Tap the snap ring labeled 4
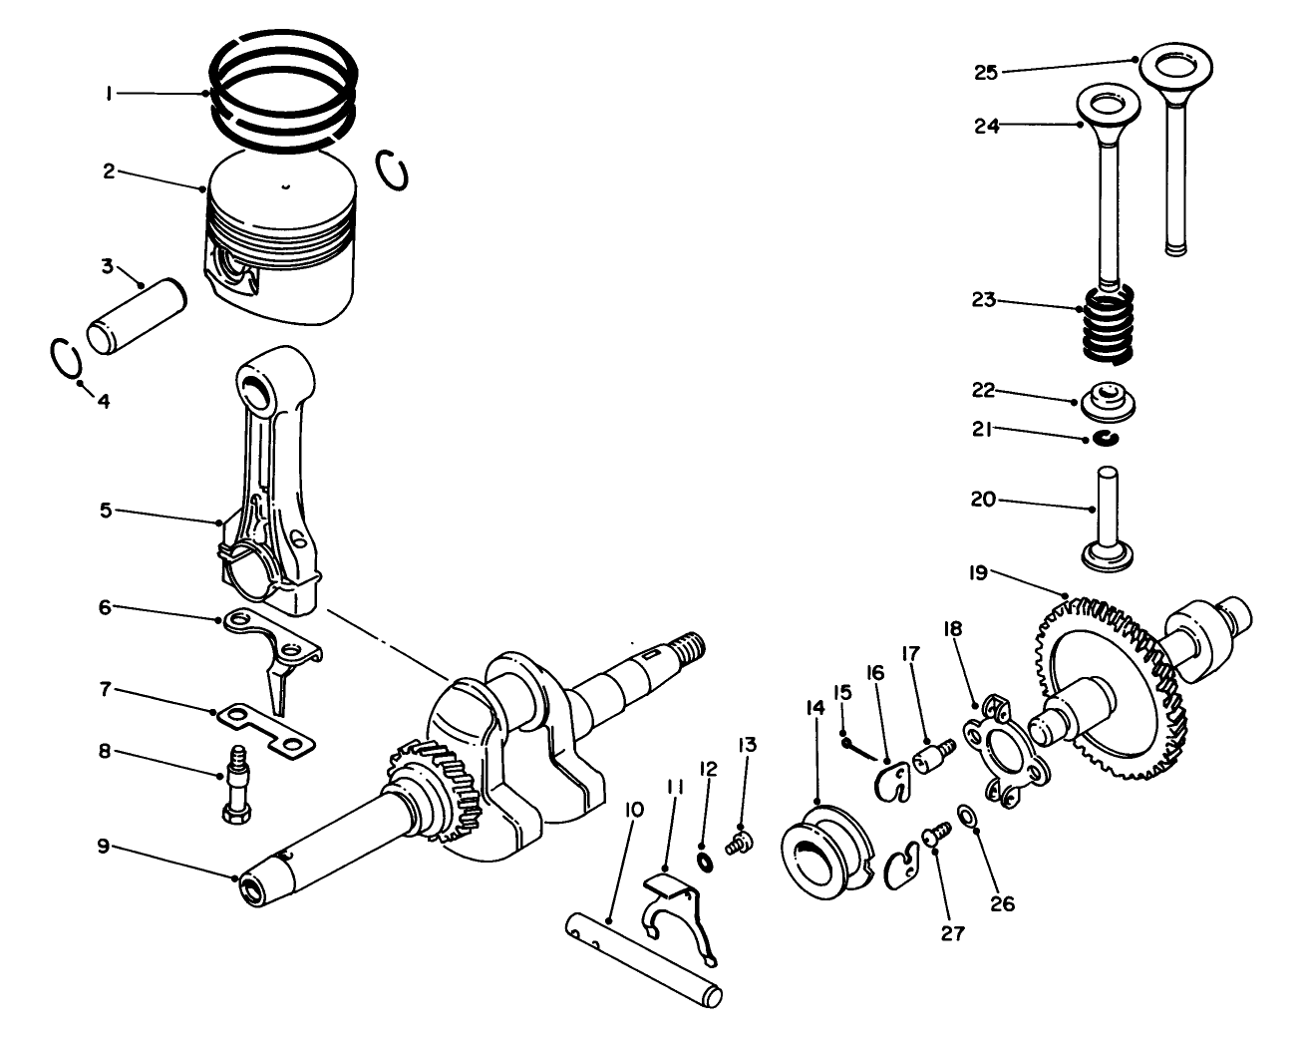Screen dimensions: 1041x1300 click(65, 359)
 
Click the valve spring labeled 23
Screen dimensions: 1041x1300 click(1107, 323)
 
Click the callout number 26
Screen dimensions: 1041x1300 click(1003, 903)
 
